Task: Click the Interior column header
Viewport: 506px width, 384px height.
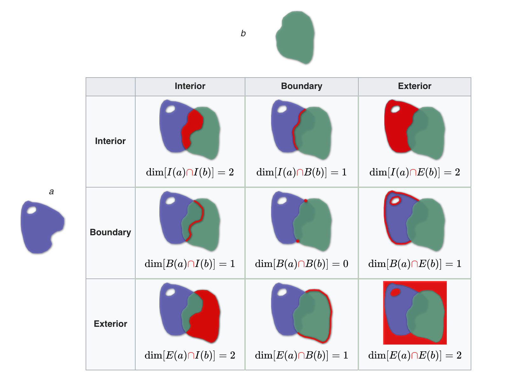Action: (190, 86)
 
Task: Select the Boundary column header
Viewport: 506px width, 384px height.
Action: (301, 86)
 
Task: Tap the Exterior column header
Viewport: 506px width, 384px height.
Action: (414, 86)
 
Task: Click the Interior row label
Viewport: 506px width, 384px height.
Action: (110, 141)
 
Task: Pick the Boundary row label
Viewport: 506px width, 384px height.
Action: (110, 232)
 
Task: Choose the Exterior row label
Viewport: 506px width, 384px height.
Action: (110, 324)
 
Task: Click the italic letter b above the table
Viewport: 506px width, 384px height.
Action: (243, 33)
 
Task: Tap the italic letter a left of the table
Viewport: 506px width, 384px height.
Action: (51, 192)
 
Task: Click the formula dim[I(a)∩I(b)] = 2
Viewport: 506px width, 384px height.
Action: (190, 172)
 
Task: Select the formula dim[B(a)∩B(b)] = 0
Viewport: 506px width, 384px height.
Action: (301, 264)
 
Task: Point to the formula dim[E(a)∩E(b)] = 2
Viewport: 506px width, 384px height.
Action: (414, 355)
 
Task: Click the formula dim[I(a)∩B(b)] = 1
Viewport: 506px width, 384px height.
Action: (301, 172)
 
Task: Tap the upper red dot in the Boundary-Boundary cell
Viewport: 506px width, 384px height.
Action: (306, 201)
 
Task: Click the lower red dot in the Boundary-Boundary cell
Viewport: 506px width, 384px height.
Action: (298, 241)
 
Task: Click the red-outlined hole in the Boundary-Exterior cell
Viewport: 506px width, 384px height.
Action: (395, 201)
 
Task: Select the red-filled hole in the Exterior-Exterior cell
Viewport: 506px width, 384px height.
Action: (395, 292)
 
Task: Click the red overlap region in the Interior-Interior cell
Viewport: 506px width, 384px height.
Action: (193, 126)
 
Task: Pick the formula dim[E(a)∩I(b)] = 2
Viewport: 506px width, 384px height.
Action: (190, 355)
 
